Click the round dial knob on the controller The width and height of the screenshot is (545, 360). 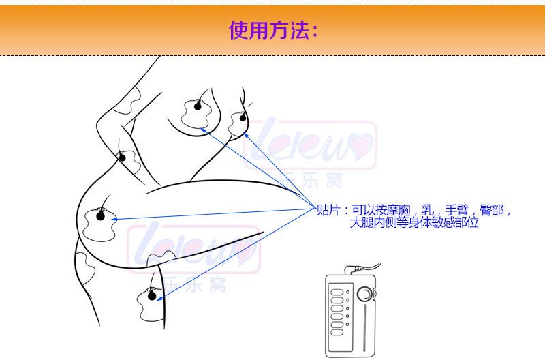(365, 294)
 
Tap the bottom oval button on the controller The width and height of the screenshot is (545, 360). (337, 333)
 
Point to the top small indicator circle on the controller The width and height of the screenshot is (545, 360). (347, 292)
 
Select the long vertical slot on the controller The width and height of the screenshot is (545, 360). (364, 328)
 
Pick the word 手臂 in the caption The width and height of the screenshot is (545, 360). (456, 210)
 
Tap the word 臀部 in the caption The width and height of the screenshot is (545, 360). (492, 210)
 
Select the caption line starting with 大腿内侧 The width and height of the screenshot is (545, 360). (414, 222)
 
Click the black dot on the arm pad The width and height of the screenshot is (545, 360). (123, 158)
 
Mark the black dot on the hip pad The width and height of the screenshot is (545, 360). (100, 216)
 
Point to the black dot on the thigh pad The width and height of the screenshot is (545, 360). (152, 296)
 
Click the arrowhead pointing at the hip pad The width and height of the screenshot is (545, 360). (114, 219)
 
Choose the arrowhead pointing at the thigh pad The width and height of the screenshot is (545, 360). (159, 298)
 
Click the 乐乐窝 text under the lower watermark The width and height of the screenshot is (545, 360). (195, 284)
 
